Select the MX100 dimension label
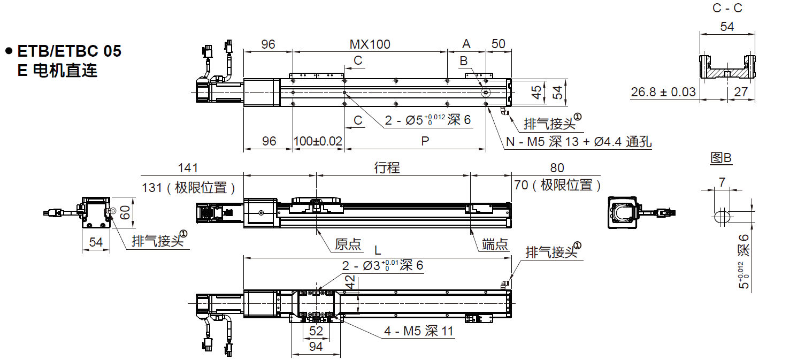coord(370,44)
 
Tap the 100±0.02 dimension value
coord(318,141)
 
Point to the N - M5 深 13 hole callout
coord(578,142)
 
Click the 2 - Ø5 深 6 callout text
coord(428,120)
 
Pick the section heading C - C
coord(727,8)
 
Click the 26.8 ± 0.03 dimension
coord(663,92)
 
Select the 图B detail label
coord(720,158)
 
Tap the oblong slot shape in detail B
coord(722,217)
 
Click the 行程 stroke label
coord(387,168)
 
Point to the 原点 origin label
coord(348,244)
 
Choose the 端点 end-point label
coord(495,244)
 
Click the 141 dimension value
coord(188,168)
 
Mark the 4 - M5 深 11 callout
coord(418,332)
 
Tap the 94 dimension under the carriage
coord(316,347)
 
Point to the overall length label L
coord(378,250)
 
